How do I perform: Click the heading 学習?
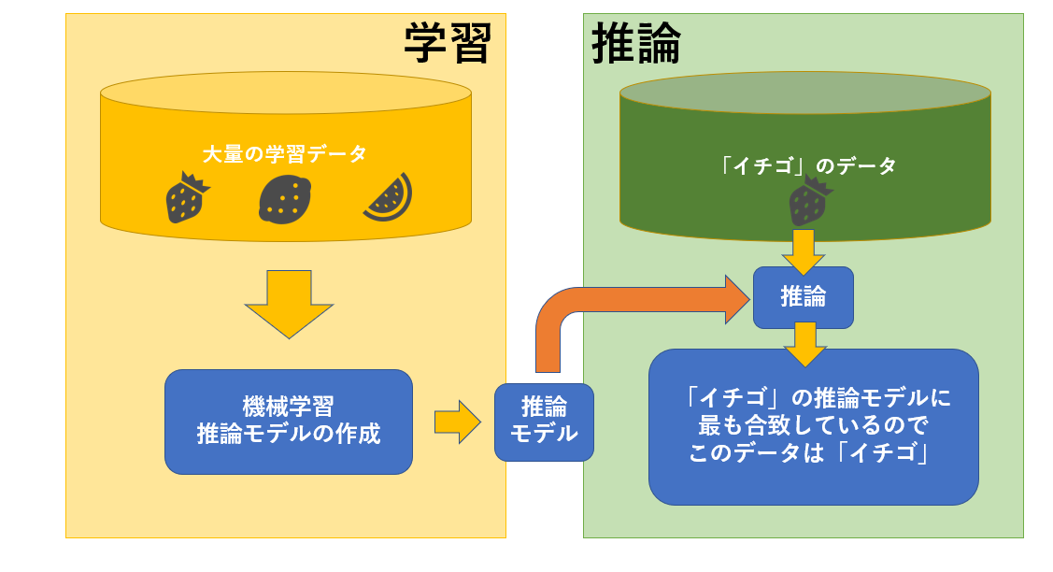[x=448, y=42]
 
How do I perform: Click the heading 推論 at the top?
[x=636, y=42]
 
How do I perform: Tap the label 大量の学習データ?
[x=285, y=154]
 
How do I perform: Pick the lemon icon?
[x=285, y=200]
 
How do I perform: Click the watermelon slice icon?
[x=386, y=197]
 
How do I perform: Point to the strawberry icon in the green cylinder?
[x=808, y=202]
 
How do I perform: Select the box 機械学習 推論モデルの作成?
[x=289, y=422]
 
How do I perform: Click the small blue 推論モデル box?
[x=544, y=422]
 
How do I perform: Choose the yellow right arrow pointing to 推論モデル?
[x=457, y=422]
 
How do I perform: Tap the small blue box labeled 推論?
[x=804, y=297]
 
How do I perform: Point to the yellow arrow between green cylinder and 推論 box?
[x=804, y=250]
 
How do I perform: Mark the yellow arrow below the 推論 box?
[x=804, y=343]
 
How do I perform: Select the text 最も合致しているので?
[x=813, y=426]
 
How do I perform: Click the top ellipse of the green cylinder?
[x=804, y=93]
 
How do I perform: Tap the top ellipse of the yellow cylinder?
[x=285, y=93]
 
